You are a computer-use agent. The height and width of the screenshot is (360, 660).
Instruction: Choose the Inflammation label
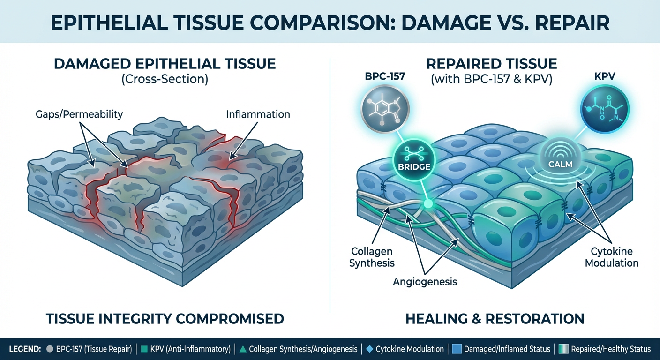point(258,114)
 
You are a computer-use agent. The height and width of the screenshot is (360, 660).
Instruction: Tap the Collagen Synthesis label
point(372,257)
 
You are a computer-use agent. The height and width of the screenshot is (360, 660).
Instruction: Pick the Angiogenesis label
point(425,282)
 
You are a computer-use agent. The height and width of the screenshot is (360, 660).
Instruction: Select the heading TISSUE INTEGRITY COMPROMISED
point(165,319)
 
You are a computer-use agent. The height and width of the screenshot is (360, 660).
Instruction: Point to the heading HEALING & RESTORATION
point(495,319)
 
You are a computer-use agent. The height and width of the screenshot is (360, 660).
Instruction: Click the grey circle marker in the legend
point(50,349)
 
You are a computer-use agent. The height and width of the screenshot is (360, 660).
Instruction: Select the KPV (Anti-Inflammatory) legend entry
point(187,349)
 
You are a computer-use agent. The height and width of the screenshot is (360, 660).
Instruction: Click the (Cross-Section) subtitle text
point(165,79)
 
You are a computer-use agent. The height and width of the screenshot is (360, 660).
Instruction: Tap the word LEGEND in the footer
point(24,349)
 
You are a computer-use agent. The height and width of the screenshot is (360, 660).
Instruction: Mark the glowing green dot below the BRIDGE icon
point(427,203)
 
